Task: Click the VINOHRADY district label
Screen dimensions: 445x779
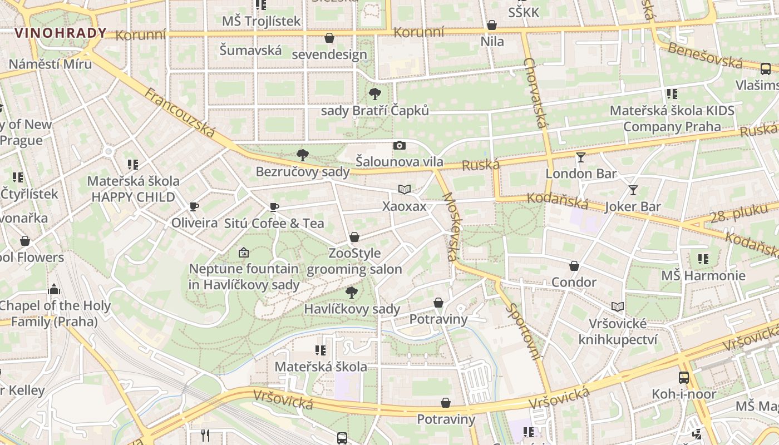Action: tap(60, 33)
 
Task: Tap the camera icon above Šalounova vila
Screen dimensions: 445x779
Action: tap(399, 146)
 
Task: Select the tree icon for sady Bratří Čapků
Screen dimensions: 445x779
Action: tap(375, 94)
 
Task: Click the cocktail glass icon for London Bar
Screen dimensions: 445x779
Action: tap(581, 157)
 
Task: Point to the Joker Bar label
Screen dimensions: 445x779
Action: tap(633, 207)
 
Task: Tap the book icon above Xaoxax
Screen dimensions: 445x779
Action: tap(405, 190)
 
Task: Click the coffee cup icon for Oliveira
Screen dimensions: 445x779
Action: tap(194, 207)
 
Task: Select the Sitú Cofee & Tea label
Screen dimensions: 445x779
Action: tap(274, 224)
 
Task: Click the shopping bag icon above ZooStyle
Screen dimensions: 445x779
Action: tap(354, 238)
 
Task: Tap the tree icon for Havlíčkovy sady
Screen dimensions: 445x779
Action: tap(352, 292)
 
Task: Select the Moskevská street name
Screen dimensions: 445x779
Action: tap(450, 227)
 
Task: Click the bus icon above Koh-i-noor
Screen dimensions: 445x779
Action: tap(684, 378)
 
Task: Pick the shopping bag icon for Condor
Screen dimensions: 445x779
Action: tap(574, 266)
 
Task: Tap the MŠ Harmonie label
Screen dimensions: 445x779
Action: tap(703, 276)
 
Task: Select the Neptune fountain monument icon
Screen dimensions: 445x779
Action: tap(243, 253)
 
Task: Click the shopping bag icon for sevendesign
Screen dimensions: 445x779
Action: tap(329, 38)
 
